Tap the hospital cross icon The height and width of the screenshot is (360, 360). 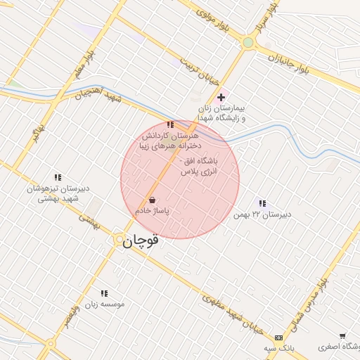pyautogui.click(x=221, y=96)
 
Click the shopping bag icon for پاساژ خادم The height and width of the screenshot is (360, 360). pyautogui.click(x=153, y=200)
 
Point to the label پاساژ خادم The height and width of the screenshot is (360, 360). pyautogui.click(x=153, y=210)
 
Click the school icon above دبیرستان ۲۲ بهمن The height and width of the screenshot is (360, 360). pyautogui.click(x=262, y=204)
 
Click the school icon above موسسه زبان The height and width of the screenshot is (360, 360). pyautogui.click(x=104, y=293)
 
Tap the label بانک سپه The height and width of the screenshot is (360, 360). pyautogui.click(x=278, y=348)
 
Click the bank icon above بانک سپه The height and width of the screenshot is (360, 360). pyautogui.click(x=278, y=338)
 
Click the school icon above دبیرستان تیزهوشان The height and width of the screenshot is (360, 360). pyautogui.click(x=58, y=178)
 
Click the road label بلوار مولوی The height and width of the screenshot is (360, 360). pyautogui.click(x=214, y=19)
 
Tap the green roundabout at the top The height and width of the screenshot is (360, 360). pyautogui.click(x=247, y=42)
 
